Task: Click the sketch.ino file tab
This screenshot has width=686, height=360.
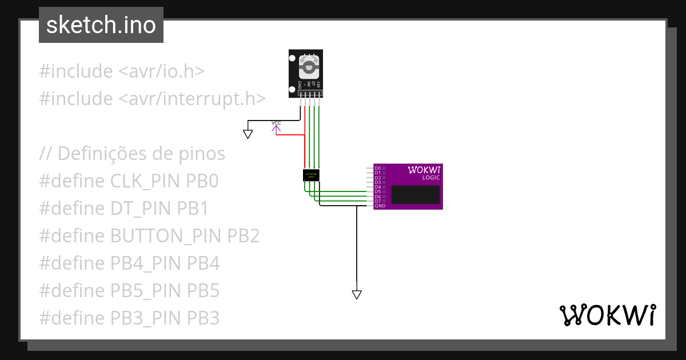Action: [x=101, y=25]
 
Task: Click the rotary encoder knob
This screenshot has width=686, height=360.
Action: [x=309, y=67]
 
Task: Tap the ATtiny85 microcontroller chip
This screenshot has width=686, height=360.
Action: [x=310, y=175]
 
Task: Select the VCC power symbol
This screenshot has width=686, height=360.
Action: [x=276, y=127]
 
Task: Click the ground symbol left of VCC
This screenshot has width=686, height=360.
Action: [x=248, y=134]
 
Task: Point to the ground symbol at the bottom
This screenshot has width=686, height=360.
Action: [x=357, y=294]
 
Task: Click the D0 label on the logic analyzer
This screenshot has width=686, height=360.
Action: [x=377, y=169]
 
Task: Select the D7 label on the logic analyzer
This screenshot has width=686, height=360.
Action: [x=377, y=201]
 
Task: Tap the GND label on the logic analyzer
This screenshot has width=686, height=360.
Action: [x=380, y=206]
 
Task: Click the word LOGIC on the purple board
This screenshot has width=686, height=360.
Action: [x=431, y=178]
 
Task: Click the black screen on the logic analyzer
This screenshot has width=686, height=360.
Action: [x=416, y=195]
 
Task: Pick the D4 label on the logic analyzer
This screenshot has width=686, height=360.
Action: [x=377, y=187]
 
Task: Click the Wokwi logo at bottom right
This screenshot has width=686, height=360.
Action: [x=608, y=315]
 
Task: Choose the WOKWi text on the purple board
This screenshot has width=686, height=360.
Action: [x=424, y=170]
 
